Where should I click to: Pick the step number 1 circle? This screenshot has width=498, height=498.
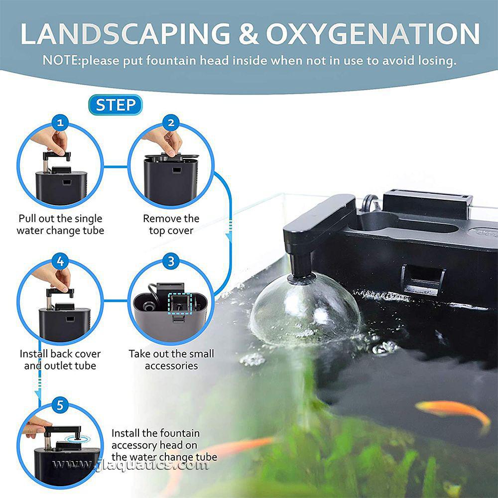pyautogui.click(x=60, y=123)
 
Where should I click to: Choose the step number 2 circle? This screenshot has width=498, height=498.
pyautogui.click(x=171, y=123)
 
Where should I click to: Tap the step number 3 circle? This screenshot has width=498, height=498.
pyautogui.click(x=171, y=261)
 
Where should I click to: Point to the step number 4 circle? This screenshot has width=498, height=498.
pyautogui.click(x=60, y=261)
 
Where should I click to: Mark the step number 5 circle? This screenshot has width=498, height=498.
pyautogui.click(x=60, y=405)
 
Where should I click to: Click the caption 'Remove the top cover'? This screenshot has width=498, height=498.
pyautogui.click(x=171, y=225)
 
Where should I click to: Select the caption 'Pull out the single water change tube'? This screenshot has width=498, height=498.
pyautogui.click(x=60, y=225)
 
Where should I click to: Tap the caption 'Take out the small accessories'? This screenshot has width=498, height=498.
pyautogui.click(x=171, y=360)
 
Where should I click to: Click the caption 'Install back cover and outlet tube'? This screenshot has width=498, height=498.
pyautogui.click(x=60, y=360)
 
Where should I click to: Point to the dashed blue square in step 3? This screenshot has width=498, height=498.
pyautogui.click(x=178, y=303)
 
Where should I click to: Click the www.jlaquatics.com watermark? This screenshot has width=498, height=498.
pyautogui.click(x=130, y=466)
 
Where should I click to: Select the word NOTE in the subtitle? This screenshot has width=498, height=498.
pyautogui.click(x=60, y=61)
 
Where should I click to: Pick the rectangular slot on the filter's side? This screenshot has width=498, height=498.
pyautogui.click(x=423, y=280)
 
